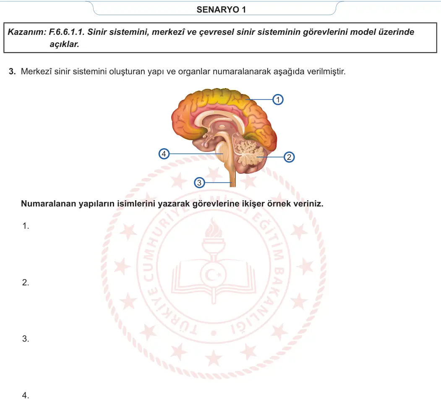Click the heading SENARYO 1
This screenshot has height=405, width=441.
point(221,10)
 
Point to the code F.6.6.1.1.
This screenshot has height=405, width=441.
point(67,32)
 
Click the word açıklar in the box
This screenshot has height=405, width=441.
point(64,44)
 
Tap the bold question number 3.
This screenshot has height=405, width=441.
point(12,71)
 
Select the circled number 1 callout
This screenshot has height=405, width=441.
point(278,99)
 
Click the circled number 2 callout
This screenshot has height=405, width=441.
point(289,157)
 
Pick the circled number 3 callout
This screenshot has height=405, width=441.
point(199,183)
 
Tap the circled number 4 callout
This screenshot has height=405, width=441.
point(164,154)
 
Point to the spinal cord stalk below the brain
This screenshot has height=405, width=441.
point(232,177)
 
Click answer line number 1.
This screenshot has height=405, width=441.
point(26,226)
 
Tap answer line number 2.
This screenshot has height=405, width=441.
point(26,282)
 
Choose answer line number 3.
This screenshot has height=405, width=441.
point(26,339)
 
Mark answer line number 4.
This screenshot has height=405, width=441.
point(26,395)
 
